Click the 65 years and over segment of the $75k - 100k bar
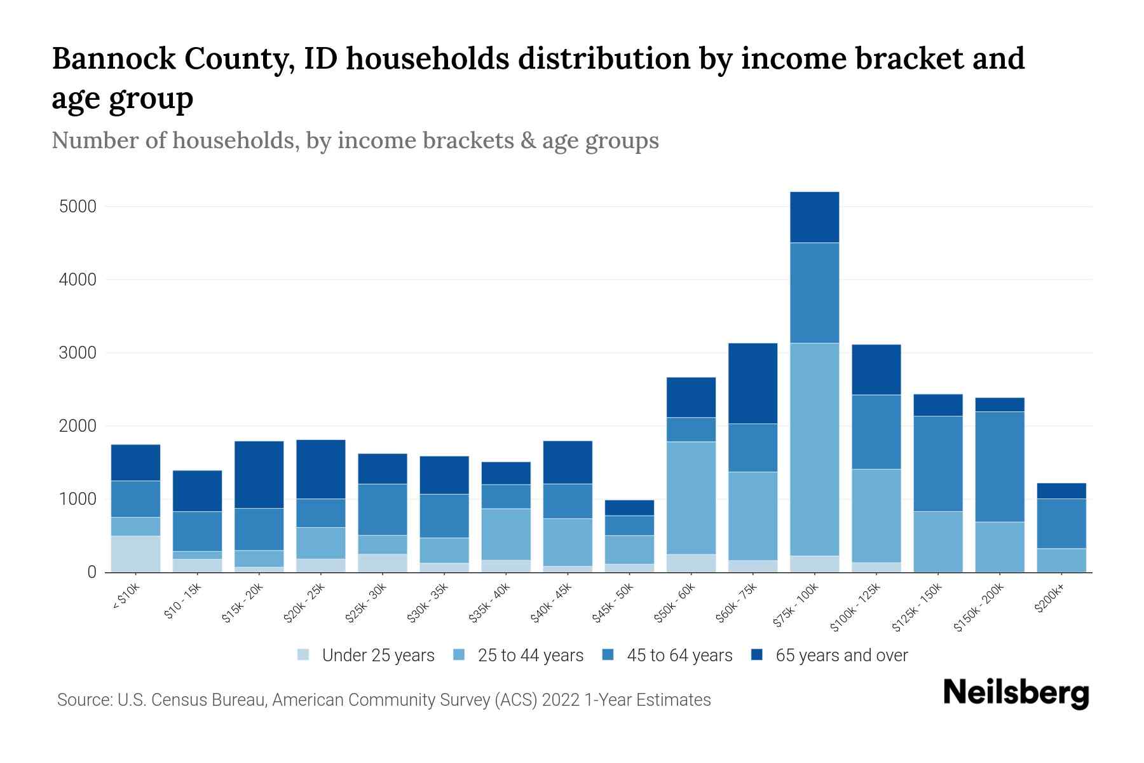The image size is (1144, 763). click(x=814, y=217)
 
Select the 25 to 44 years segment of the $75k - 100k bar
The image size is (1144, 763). click(x=814, y=449)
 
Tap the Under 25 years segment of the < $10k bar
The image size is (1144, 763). click(x=135, y=553)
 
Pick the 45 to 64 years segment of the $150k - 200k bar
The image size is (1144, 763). click(x=1000, y=467)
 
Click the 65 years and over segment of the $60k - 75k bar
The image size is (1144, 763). click(x=752, y=383)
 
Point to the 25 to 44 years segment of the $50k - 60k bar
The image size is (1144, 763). click(x=691, y=497)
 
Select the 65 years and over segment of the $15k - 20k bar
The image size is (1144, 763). click(x=259, y=474)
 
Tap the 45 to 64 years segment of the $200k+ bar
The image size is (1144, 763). click(x=1061, y=523)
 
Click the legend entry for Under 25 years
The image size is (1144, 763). click(x=378, y=656)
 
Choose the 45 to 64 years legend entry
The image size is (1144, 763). click(x=679, y=656)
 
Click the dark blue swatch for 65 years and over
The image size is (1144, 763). click(x=758, y=655)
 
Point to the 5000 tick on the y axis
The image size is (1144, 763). click(x=78, y=207)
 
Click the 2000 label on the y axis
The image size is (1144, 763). click(x=78, y=426)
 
